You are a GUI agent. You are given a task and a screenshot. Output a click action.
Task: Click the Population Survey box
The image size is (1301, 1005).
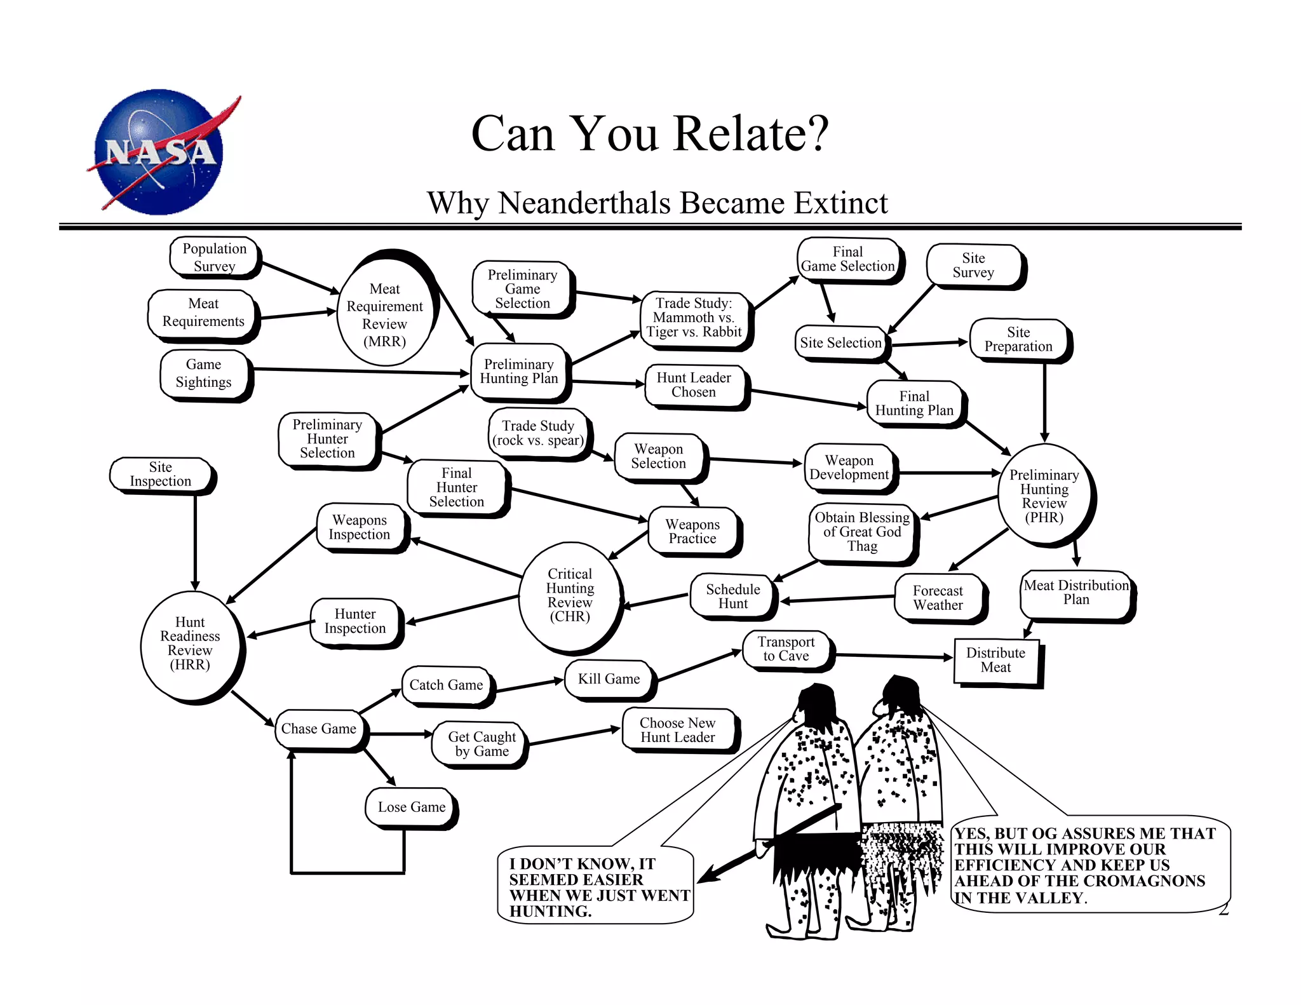coord(214,257)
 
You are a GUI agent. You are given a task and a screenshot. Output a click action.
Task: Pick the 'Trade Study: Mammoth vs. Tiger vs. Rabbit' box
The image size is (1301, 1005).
coord(694,318)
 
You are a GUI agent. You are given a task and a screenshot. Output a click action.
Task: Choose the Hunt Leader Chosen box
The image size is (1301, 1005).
coord(694,385)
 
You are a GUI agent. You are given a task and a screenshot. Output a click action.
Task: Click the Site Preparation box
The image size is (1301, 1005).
coord(1018,339)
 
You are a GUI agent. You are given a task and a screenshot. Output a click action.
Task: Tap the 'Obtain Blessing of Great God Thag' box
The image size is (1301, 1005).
coord(862,532)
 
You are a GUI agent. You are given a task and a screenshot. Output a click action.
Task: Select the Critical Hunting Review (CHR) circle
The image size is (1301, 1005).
coord(570,595)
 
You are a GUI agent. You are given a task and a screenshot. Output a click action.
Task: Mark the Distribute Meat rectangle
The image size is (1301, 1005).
coord(995,660)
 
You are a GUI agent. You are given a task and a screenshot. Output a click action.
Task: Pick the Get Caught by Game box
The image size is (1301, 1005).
coord(482,744)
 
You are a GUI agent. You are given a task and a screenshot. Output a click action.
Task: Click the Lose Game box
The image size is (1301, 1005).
coord(411,807)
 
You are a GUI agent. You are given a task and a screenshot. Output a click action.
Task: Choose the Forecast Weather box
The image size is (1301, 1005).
coord(938,598)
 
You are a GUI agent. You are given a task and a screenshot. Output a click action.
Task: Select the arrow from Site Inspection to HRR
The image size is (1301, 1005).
coord(195,540)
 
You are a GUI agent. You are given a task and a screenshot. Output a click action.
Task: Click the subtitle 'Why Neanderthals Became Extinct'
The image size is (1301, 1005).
coord(657,203)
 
